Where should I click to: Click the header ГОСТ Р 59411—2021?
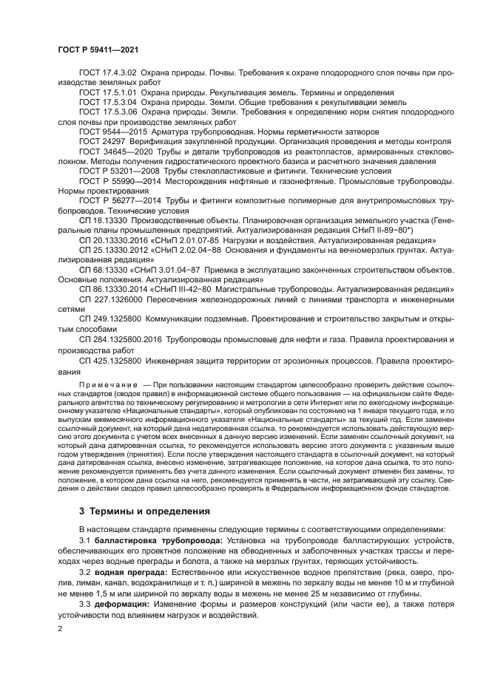coord(98,50)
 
